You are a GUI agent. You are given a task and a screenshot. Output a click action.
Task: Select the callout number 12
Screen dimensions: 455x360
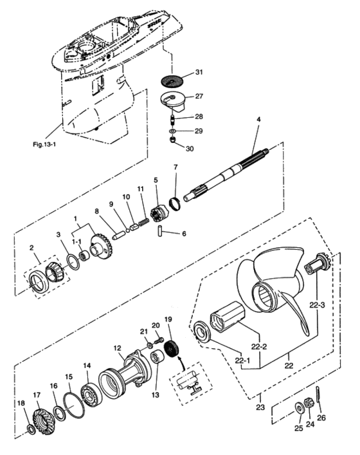[118, 348]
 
